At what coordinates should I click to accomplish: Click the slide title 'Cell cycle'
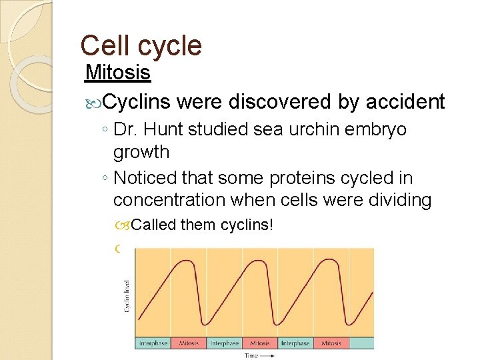point(141,45)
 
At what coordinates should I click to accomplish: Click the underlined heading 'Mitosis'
point(119,72)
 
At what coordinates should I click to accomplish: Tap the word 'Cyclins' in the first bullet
point(137,101)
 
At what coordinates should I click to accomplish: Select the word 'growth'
point(141,152)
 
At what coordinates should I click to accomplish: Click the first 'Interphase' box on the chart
point(153,343)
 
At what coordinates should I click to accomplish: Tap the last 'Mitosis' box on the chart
point(331,343)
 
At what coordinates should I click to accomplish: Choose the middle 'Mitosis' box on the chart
point(259,343)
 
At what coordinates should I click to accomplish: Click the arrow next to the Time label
point(269,355)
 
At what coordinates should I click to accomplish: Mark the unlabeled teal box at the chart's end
point(361,343)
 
